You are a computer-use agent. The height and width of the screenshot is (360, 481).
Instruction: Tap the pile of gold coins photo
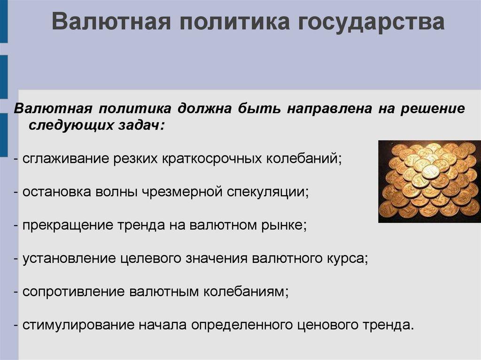pos(429,180)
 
